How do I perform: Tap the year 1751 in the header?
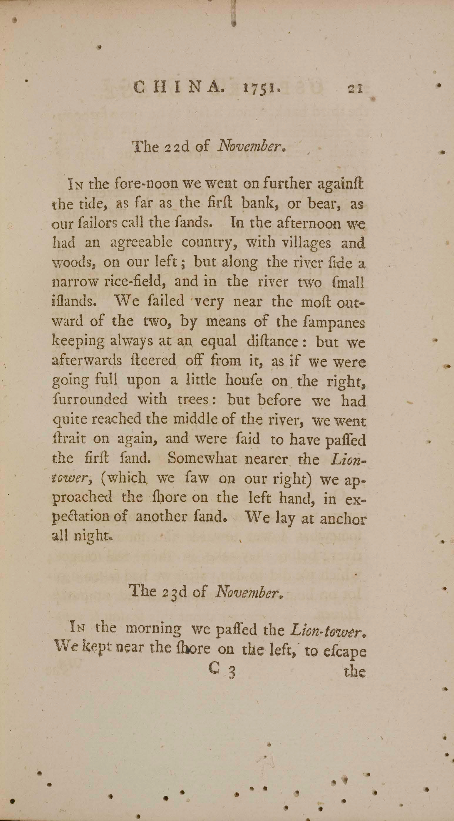(x=262, y=88)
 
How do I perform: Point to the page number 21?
(x=356, y=88)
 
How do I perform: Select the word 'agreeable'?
(x=142, y=244)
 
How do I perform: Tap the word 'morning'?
(x=154, y=628)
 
